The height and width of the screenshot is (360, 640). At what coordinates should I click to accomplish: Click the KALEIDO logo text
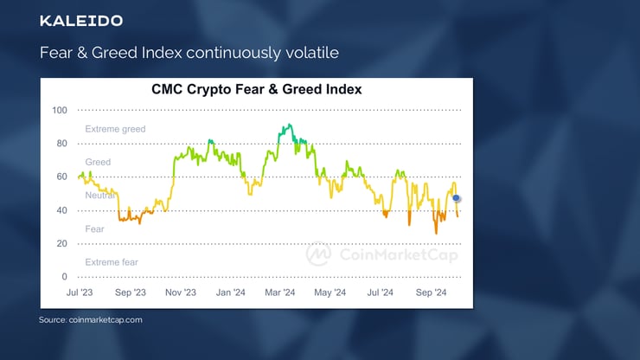point(81,21)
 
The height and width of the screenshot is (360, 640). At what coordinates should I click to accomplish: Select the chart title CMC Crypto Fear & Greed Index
point(257,89)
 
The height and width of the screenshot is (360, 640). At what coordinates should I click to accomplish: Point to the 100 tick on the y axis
point(59,110)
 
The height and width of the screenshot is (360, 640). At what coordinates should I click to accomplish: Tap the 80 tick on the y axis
point(61,144)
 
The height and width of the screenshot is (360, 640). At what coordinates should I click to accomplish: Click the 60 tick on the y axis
point(61,177)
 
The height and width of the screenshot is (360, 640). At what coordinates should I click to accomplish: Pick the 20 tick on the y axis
point(61,244)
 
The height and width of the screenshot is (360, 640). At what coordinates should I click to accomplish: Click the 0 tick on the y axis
point(64,277)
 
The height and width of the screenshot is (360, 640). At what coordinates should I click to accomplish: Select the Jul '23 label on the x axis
point(80,292)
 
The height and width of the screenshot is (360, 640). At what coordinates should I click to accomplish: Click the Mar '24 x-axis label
point(279,292)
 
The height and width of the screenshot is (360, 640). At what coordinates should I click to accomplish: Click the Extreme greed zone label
point(115,129)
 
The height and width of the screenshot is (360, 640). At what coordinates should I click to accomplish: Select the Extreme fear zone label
point(112,261)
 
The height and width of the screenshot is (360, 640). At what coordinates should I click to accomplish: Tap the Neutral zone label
point(101,196)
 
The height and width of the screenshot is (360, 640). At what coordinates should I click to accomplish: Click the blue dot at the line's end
point(457,198)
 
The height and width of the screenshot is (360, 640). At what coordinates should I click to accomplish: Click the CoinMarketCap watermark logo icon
point(318,254)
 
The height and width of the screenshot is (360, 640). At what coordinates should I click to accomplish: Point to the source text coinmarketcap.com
point(90,320)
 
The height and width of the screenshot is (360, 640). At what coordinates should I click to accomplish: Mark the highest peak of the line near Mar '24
point(285,126)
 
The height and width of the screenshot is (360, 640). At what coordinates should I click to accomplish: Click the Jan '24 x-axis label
point(230,292)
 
